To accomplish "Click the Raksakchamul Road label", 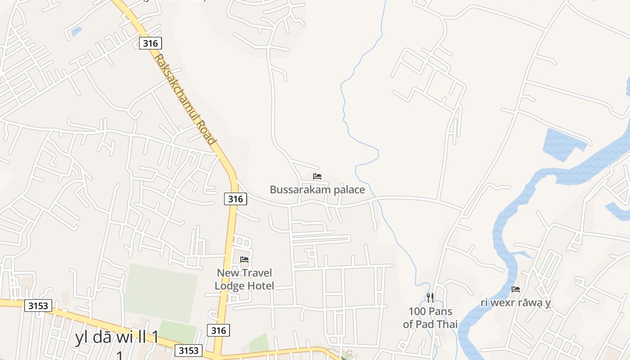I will (x=185, y=99).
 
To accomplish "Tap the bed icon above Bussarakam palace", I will (x=317, y=176).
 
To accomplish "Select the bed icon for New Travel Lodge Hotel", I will (x=244, y=260).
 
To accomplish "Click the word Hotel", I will (x=260, y=286).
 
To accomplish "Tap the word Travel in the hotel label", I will (x=257, y=273).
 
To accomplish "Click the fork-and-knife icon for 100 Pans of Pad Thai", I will (x=430, y=297).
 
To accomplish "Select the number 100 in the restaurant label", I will (x=417, y=311).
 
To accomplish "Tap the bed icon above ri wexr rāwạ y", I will (x=516, y=289).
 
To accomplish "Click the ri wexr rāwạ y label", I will (x=516, y=302).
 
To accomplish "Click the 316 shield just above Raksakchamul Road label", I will (x=150, y=43).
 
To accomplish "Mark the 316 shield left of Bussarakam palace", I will (x=235, y=199).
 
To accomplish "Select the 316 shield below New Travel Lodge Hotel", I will (x=218, y=330).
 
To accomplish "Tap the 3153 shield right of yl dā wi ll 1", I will (x=189, y=351).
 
